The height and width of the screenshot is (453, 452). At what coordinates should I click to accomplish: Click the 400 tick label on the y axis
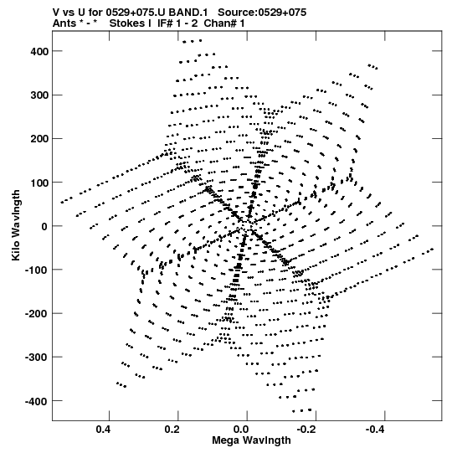[39, 52]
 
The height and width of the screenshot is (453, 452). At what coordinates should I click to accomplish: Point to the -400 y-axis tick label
[36, 401]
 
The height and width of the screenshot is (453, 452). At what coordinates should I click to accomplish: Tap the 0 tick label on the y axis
[44, 226]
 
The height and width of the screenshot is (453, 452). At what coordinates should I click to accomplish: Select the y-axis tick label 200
[39, 139]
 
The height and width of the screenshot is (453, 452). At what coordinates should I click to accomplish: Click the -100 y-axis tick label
[36, 270]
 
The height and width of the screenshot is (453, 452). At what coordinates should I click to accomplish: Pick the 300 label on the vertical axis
[39, 95]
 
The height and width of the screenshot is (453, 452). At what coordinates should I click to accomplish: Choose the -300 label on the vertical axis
[36, 358]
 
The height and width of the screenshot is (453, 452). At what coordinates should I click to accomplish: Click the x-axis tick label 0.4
[104, 430]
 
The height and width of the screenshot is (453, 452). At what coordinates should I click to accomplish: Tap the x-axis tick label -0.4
[376, 430]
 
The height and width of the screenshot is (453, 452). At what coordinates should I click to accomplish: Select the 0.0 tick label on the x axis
[241, 430]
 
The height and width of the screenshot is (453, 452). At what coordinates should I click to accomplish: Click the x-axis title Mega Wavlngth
[251, 440]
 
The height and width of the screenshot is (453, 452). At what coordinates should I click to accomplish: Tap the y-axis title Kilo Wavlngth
[16, 225]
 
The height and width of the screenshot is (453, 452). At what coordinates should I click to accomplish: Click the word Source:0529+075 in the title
[262, 13]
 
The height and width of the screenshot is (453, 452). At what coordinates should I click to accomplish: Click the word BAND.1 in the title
[188, 13]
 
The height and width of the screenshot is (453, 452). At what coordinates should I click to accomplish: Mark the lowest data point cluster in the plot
[302, 410]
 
